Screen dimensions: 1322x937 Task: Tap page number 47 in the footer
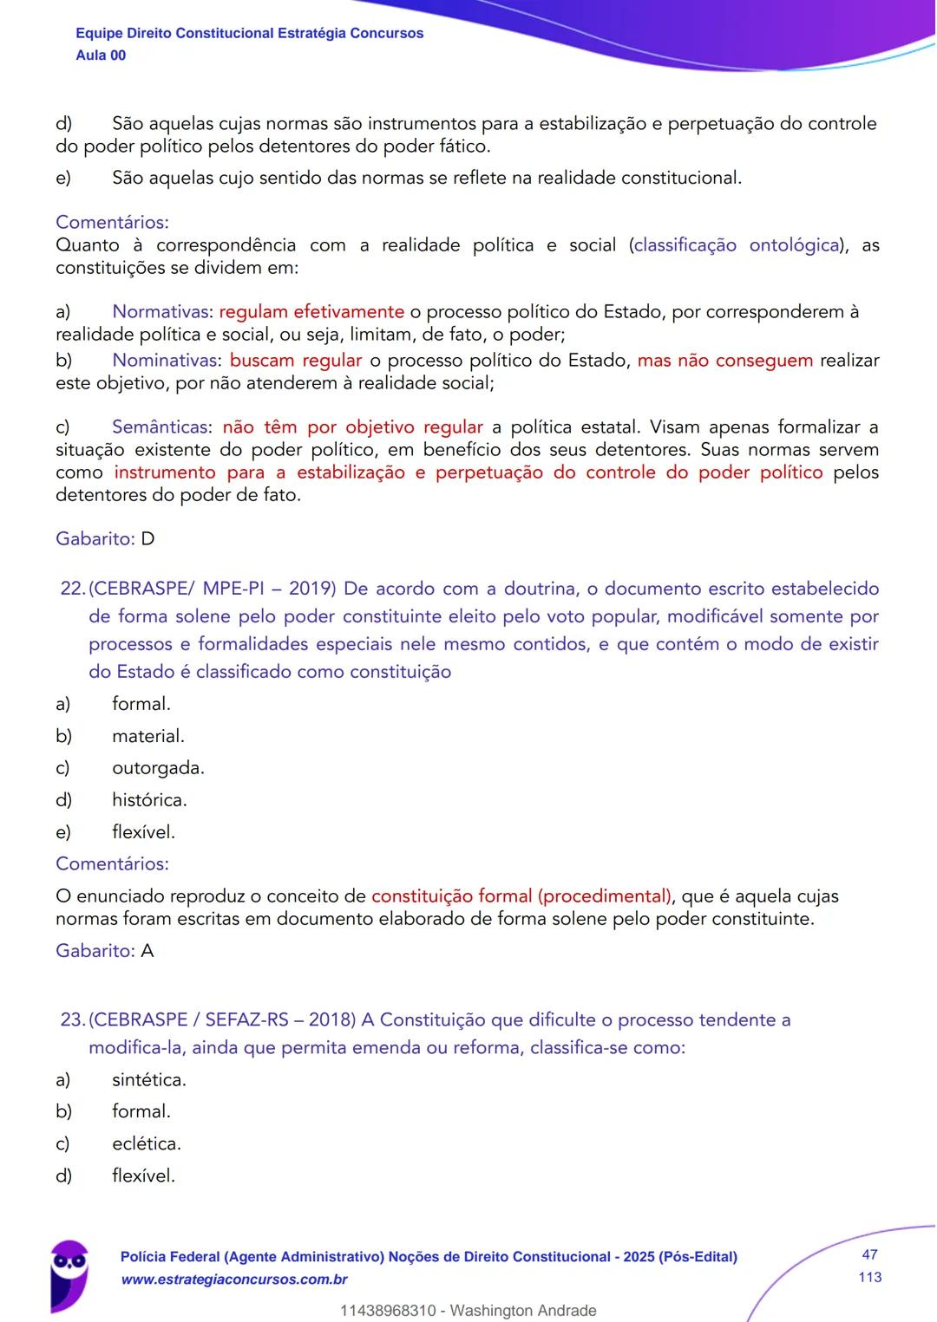[x=869, y=1254]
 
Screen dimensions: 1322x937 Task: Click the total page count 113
[x=869, y=1277]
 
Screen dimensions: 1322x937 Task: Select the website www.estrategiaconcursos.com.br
[x=234, y=1280]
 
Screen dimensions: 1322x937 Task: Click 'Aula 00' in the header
[x=101, y=55]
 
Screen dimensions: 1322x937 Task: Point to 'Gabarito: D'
[x=105, y=539]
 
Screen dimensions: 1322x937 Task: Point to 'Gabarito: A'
[x=105, y=951]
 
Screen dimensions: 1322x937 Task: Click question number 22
[x=72, y=589]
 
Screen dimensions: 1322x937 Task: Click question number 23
[x=72, y=1019]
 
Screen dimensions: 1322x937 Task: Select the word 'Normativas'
[x=161, y=312]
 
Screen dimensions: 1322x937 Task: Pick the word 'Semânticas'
[x=161, y=427]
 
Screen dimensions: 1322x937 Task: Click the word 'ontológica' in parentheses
[x=794, y=245]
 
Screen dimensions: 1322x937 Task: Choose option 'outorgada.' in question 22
[x=158, y=768]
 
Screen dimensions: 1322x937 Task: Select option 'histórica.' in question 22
[x=149, y=800]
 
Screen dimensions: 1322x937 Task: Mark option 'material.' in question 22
[x=148, y=736]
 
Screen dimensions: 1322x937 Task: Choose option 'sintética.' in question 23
[x=149, y=1080]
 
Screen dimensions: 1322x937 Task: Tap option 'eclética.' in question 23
[x=147, y=1143]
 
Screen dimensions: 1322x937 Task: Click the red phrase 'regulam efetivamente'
[x=311, y=312]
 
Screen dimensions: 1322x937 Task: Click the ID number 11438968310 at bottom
[x=388, y=1311]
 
